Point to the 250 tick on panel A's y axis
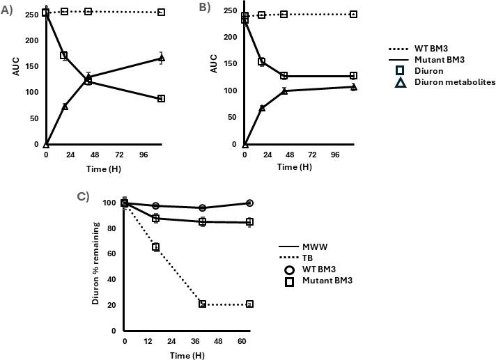coord(33,12)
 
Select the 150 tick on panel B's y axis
coord(230,63)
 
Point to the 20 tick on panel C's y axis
coord(113,304)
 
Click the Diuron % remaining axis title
coord(97,266)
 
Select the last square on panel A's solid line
coord(162,99)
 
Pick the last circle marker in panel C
coord(249,203)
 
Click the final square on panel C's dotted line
coord(249,304)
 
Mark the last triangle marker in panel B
coord(354,87)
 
